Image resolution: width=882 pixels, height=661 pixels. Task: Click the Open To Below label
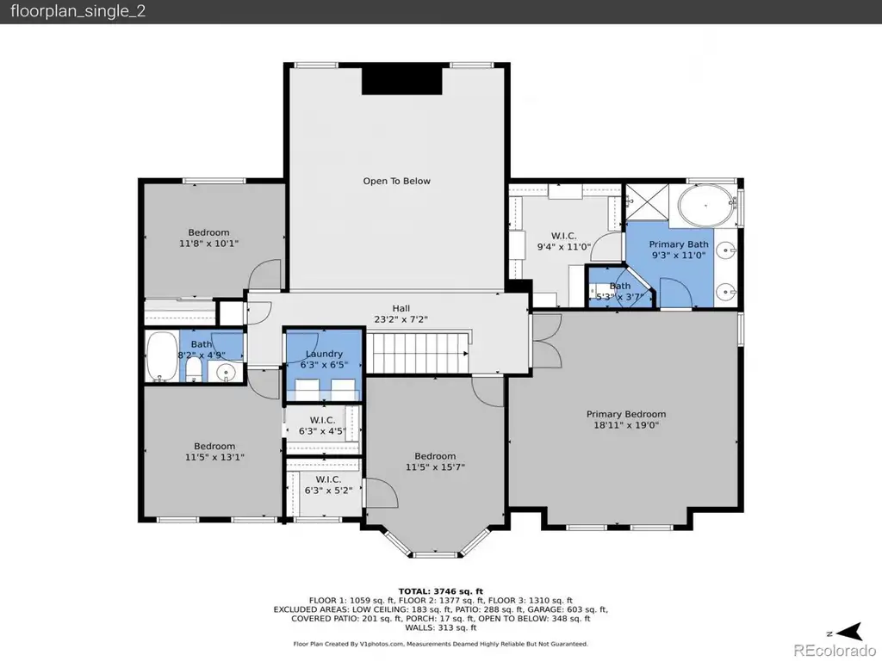[396, 181]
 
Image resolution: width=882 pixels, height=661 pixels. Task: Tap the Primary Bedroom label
[626, 414]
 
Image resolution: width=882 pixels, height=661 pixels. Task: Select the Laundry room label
[324, 354]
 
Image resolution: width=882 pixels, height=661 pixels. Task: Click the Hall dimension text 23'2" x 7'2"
[401, 319]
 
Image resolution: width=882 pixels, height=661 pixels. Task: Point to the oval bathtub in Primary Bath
[706, 205]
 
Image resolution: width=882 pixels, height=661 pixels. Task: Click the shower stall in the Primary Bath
[647, 202]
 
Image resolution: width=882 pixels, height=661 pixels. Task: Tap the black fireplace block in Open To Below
[401, 80]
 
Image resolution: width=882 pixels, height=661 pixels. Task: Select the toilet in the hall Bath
[194, 370]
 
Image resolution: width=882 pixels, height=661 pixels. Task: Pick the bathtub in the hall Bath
[162, 356]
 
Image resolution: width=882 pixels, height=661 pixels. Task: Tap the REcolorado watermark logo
[834, 651]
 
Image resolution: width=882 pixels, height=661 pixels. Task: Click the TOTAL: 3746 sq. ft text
[440, 591]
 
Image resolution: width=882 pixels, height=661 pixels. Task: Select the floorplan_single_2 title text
[78, 11]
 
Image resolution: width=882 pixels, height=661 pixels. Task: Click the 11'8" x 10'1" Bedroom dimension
[208, 244]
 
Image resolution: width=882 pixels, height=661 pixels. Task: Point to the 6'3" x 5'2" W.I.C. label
[328, 490]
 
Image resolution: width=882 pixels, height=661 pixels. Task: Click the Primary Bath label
[679, 244]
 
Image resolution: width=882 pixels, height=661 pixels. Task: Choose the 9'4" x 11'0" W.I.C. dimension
[563, 246]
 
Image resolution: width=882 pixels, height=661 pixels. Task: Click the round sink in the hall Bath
[227, 372]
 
